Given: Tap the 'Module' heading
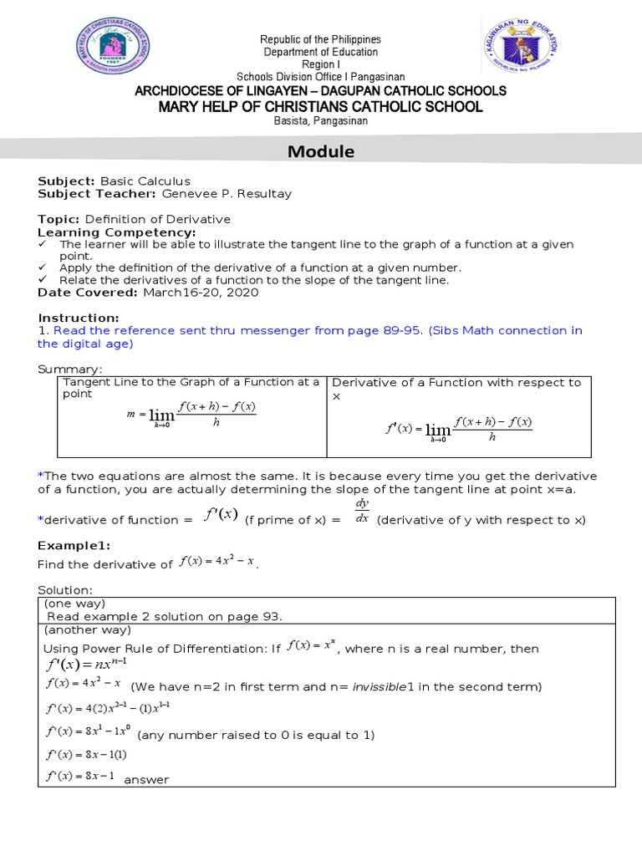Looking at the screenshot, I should point(321,151).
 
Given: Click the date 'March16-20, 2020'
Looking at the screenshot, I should point(201,293).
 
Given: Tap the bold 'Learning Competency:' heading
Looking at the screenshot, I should point(117,232).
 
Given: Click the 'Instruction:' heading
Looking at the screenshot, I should point(79,318).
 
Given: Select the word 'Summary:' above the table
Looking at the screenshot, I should point(70,369).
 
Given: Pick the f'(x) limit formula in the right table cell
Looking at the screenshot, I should point(458,427).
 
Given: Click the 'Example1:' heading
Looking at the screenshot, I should point(74,544).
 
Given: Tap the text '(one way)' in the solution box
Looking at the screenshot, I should point(74,603).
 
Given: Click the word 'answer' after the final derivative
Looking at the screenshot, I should point(146,780).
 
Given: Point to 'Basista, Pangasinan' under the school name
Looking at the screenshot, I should point(321,121).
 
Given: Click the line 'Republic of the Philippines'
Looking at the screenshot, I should point(321,39).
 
